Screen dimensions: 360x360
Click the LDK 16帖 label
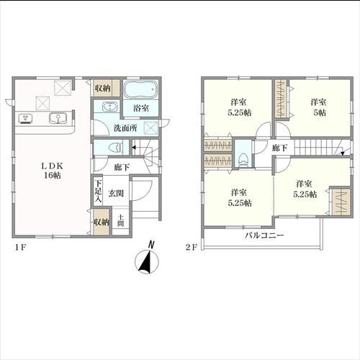click(53, 171)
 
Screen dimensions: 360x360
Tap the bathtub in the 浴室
click(140, 89)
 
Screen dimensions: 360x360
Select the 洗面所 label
click(125, 128)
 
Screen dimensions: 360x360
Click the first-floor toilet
click(115, 147)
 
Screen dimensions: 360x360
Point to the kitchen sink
click(58, 119)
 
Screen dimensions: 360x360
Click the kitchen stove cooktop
click(26, 119)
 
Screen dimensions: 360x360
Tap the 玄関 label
click(116, 193)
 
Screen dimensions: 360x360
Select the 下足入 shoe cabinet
click(98, 192)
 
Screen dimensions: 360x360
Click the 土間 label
click(120, 221)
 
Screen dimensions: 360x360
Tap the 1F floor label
click(20, 248)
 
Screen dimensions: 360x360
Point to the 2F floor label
click(192, 248)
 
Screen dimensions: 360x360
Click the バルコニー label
click(264, 235)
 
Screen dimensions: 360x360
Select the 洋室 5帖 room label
click(319, 107)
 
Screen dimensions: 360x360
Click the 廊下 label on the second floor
click(280, 148)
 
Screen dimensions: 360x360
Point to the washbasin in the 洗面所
click(110, 107)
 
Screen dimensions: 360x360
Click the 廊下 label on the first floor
click(122, 167)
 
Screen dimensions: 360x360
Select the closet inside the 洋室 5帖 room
click(281, 99)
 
